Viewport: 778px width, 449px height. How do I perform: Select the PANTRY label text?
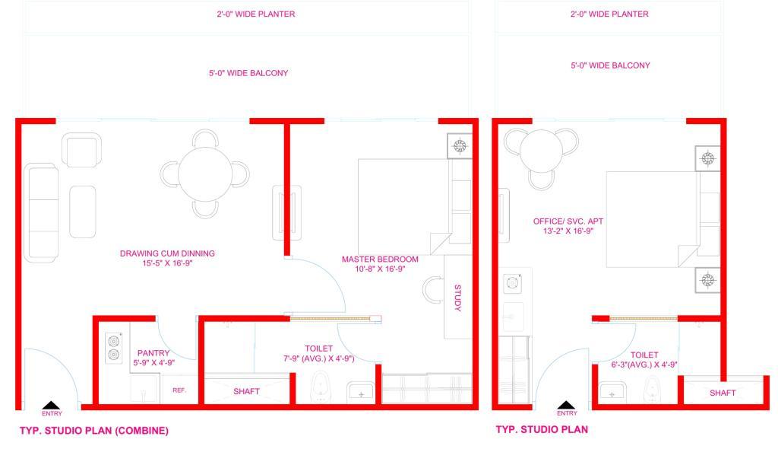(x=153, y=353)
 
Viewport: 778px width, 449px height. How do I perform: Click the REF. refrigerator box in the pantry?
(x=179, y=390)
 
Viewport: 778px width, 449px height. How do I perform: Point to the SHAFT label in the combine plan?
(x=247, y=391)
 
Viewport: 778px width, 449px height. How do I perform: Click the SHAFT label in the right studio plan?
(x=723, y=393)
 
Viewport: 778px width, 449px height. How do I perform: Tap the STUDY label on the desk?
(x=457, y=298)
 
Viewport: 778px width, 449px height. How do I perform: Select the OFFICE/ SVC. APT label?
(x=568, y=221)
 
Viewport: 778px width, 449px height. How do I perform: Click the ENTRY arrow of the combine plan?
(x=51, y=406)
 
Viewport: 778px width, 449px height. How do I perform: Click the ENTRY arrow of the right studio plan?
(x=566, y=406)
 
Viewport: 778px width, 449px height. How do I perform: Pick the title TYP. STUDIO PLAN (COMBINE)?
(x=94, y=431)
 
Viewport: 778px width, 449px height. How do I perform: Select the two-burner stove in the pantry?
(x=114, y=348)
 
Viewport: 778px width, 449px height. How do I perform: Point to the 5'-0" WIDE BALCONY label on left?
(x=248, y=73)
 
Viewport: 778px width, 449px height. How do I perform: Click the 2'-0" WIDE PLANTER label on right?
(x=609, y=14)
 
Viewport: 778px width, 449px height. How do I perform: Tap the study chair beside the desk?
(x=432, y=290)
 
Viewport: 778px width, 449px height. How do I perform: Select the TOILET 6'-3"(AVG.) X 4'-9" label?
(x=644, y=359)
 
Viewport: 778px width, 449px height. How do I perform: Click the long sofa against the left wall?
(x=41, y=213)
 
